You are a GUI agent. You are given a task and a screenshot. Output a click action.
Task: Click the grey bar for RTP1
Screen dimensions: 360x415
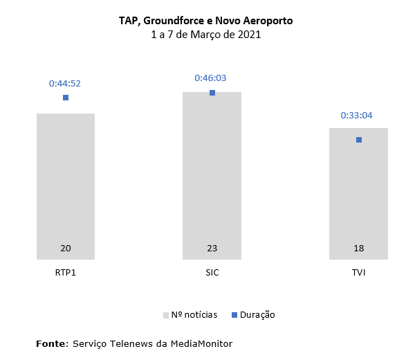click(66, 187)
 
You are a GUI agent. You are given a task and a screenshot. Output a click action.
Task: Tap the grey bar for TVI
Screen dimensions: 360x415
click(358, 194)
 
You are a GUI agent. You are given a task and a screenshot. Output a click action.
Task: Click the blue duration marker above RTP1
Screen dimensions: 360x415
click(66, 98)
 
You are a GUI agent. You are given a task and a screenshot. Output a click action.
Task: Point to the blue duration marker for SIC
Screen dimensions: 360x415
click(212, 93)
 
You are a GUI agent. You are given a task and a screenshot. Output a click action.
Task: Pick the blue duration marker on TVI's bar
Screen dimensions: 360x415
click(358, 140)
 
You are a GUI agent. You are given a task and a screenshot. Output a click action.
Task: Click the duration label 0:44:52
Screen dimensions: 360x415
click(65, 83)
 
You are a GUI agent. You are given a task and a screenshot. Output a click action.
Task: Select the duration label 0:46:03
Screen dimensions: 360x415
click(211, 78)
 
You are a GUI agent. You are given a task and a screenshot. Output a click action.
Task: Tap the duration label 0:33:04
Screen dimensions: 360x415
click(357, 115)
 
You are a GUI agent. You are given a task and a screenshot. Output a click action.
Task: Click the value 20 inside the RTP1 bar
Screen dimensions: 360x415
click(66, 249)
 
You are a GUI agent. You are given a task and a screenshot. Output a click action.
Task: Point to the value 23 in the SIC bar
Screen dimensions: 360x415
click(212, 249)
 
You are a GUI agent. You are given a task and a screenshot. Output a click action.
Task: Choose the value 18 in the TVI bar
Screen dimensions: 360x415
click(358, 249)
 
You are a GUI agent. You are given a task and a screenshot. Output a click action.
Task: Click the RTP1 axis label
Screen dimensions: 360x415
click(66, 272)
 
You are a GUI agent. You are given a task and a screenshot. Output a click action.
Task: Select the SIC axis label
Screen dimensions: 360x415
click(212, 272)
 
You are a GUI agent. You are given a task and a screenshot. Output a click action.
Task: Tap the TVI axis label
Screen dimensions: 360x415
click(358, 272)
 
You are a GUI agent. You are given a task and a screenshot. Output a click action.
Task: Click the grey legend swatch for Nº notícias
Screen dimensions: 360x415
click(166, 315)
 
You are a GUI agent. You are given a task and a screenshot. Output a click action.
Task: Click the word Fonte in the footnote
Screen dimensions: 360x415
click(51, 343)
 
